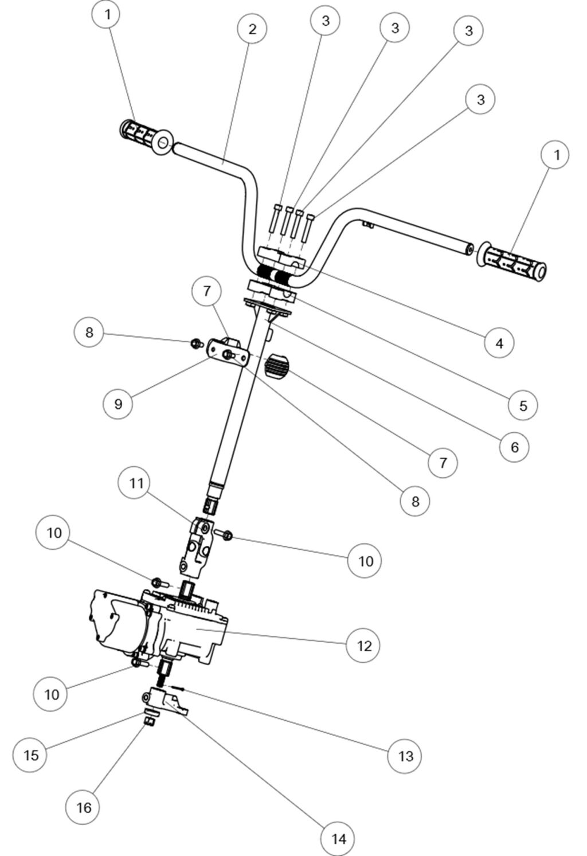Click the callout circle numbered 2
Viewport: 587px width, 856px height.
click(x=253, y=29)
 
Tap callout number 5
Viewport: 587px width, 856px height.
click(x=523, y=405)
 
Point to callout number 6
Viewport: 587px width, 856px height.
click(x=514, y=447)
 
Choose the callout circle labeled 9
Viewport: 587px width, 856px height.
click(x=118, y=404)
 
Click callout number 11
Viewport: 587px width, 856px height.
click(x=136, y=483)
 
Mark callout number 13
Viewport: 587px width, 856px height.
click(x=405, y=756)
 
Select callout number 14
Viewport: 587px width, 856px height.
click(x=338, y=839)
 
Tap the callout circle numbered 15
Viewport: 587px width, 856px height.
click(x=31, y=755)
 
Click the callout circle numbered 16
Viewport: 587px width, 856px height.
click(x=84, y=807)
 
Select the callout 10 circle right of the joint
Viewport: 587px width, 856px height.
click(x=365, y=561)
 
